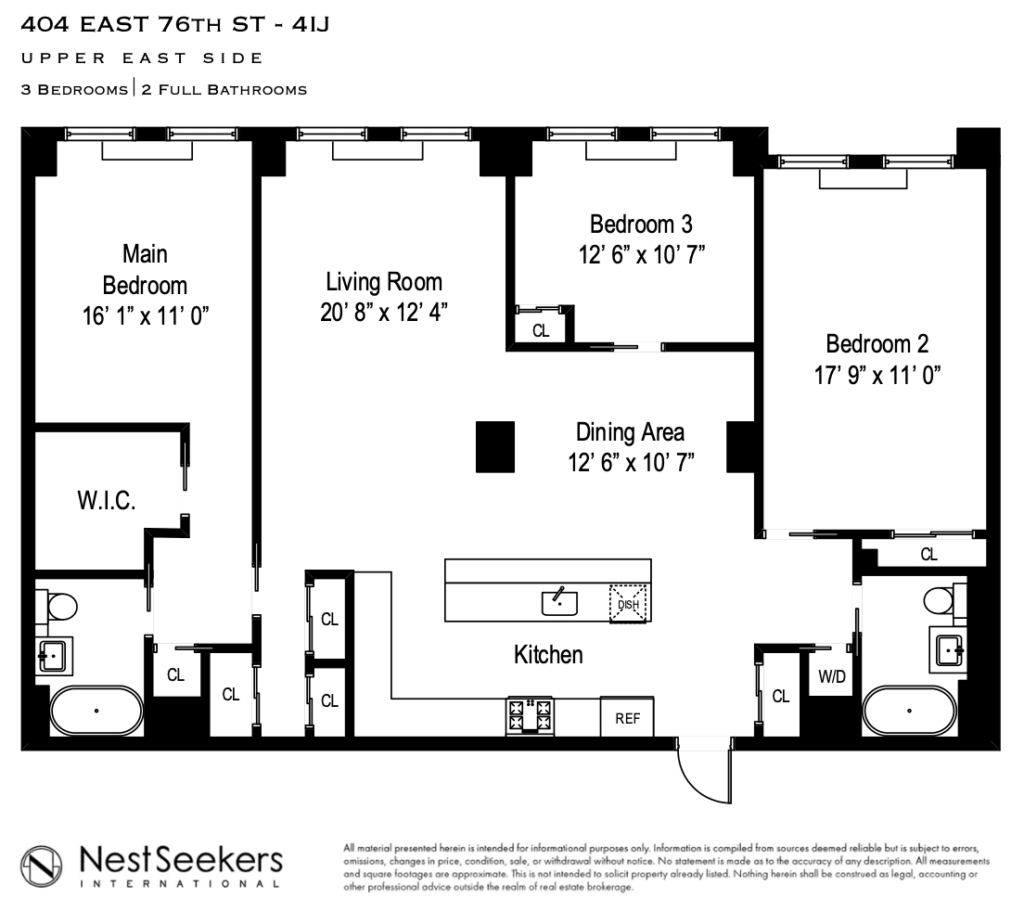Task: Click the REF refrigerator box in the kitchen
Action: pyautogui.click(x=627, y=717)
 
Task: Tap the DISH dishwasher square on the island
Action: pyautogui.click(x=628, y=604)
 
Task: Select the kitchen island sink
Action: pyautogui.click(x=559, y=601)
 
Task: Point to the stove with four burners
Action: pyautogui.click(x=530, y=716)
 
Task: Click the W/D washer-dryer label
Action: pyautogui.click(x=832, y=676)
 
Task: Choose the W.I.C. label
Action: pyautogui.click(x=107, y=501)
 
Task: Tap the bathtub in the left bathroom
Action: pyautogui.click(x=96, y=711)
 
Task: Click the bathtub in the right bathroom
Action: pyautogui.click(x=909, y=711)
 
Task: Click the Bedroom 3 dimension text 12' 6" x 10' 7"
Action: pyautogui.click(x=642, y=255)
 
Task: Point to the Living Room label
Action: pyautogui.click(x=384, y=282)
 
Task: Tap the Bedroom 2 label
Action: pyautogui.click(x=877, y=344)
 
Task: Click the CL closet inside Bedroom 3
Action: pyautogui.click(x=541, y=330)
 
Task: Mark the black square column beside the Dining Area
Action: pyautogui.click(x=495, y=447)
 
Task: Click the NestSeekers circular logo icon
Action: pyautogui.click(x=41, y=866)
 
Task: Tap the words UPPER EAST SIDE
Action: pyautogui.click(x=142, y=58)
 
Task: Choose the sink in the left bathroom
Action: pyautogui.click(x=54, y=655)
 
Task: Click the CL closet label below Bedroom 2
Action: pyautogui.click(x=928, y=555)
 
